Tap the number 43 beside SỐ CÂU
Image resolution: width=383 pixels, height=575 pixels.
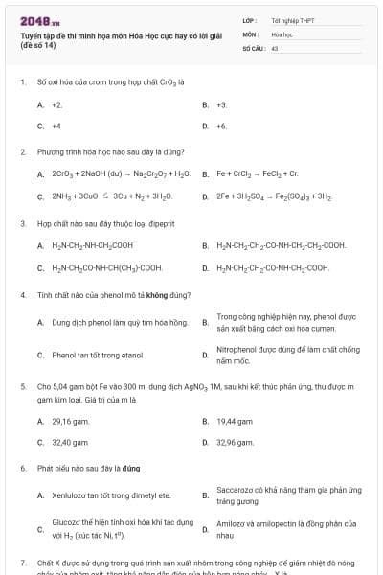click(275, 46)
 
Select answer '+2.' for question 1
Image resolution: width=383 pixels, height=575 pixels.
click(57, 104)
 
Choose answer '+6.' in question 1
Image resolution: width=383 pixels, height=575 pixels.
click(222, 126)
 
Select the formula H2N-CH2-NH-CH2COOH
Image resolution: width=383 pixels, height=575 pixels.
click(99, 245)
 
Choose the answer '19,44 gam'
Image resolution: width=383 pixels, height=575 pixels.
click(234, 421)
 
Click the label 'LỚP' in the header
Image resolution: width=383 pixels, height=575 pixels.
click(248, 19)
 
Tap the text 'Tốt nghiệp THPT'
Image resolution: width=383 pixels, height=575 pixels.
click(292, 19)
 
